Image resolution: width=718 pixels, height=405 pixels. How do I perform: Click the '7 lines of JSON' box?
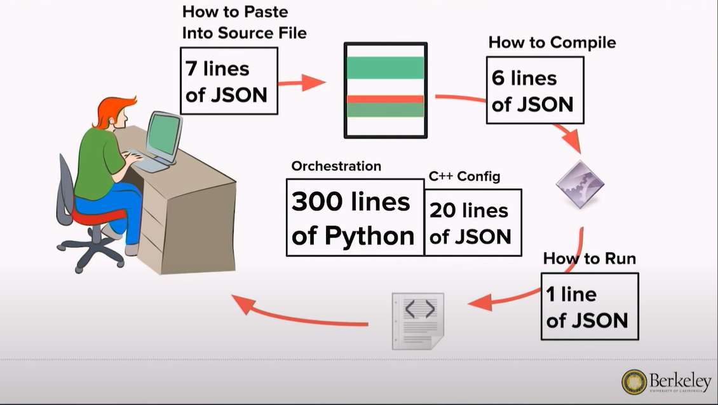pos(229,81)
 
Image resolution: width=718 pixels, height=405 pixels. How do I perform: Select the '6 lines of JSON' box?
pos(534,90)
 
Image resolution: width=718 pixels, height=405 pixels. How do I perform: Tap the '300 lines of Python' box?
pos(355,217)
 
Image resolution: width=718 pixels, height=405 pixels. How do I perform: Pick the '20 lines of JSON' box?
pos(472,223)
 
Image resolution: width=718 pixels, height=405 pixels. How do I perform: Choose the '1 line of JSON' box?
pos(589,307)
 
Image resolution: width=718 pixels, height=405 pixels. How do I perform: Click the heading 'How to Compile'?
pos(552,43)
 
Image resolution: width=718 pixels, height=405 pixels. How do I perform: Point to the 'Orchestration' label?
pos(336,166)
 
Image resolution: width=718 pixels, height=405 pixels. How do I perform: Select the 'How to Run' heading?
pos(589,259)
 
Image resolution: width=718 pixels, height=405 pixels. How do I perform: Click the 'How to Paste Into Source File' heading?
pos(244,22)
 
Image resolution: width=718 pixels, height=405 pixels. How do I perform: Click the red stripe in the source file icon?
pos(385,99)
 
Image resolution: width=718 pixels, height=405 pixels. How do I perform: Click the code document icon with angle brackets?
pos(418,320)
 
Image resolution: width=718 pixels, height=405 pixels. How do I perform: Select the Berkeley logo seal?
pos(634,382)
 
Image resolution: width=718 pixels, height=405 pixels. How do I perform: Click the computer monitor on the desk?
pos(163,135)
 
